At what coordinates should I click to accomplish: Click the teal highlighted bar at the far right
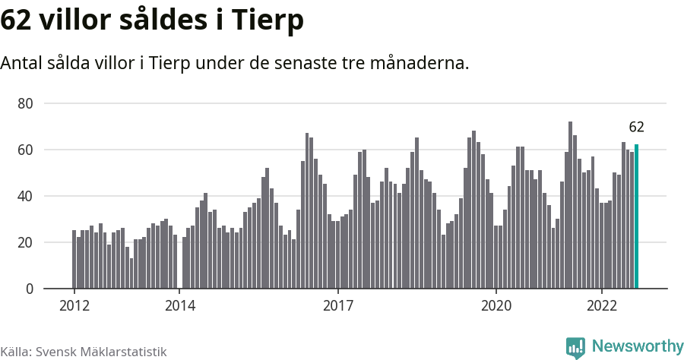pos(636,216)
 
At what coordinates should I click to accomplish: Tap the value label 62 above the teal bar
pos(636,127)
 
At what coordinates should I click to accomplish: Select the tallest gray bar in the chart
pos(570,205)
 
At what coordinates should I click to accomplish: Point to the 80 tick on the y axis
pos(25,104)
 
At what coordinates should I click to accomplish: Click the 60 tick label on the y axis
pos(25,150)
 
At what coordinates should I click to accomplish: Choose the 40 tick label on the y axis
pos(25,196)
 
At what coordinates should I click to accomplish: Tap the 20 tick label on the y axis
pos(25,242)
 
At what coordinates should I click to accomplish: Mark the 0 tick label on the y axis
pos(29,289)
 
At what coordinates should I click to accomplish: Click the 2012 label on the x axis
pos(74,305)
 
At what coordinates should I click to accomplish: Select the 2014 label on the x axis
pos(180,305)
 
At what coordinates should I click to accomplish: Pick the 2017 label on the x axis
pos(338,305)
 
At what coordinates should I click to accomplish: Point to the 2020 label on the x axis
pos(496,305)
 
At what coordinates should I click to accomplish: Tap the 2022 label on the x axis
pos(602,305)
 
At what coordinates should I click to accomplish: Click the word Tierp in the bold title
pos(267,20)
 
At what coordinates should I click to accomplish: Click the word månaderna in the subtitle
pos(420,63)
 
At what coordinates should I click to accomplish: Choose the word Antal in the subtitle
pos(21,63)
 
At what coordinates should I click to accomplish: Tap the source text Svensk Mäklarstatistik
pos(101,352)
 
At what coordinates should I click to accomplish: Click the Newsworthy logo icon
pos(575,348)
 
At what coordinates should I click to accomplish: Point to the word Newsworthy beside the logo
pos(638,346)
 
